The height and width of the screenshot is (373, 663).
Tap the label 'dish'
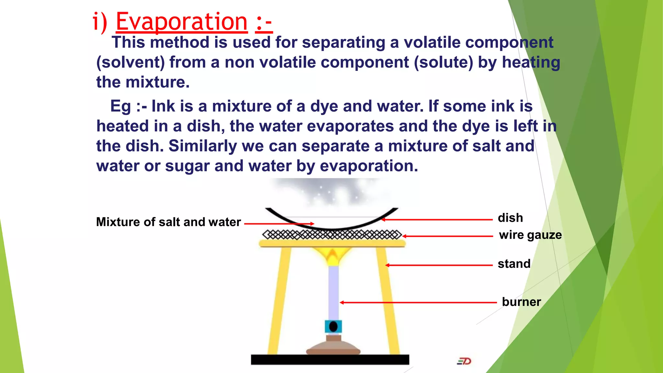tap(510, 218)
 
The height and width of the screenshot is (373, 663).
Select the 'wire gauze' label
tap(530, 235)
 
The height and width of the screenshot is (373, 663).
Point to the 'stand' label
tap(514, 264)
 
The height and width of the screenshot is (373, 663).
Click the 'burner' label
tap(521, 302)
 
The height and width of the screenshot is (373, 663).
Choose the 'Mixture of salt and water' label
tap(168, 222)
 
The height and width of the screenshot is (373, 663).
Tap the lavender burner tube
tap(333, 291)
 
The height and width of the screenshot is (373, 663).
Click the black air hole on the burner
tap(333, 327)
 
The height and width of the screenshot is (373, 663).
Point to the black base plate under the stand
tap(330, 360)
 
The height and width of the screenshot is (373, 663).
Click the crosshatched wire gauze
tap(332, 235)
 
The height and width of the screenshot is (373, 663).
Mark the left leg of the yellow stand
tap(278, 298)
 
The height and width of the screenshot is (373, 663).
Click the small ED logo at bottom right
tap(464, 361)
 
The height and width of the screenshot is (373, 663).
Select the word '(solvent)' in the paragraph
tap(130, 62)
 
